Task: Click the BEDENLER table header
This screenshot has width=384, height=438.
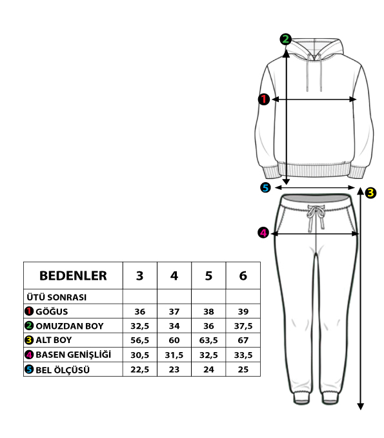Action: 73,276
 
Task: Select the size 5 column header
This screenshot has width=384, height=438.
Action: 208,276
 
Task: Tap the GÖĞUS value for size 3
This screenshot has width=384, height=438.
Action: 140,311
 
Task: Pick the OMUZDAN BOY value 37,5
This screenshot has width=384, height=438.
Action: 243,326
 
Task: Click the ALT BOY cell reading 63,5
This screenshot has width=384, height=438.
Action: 208,340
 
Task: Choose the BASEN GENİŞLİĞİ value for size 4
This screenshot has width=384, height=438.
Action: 174,355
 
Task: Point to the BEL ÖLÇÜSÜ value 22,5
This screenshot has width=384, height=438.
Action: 140,370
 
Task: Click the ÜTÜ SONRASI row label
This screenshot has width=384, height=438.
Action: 57,297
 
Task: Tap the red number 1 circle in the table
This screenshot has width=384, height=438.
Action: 29,311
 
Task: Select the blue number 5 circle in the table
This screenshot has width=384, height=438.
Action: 29,370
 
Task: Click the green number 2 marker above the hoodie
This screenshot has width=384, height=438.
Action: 285,39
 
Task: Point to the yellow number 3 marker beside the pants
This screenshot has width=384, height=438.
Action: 370,193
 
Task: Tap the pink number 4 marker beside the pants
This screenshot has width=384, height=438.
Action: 263,233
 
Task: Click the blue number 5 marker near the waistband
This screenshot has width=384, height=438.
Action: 265,187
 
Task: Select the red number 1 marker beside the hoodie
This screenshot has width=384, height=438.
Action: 264,99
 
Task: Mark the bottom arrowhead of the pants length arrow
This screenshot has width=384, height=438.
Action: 361,406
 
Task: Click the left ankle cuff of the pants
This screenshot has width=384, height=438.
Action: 301,398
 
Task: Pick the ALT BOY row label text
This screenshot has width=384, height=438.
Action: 54,340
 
